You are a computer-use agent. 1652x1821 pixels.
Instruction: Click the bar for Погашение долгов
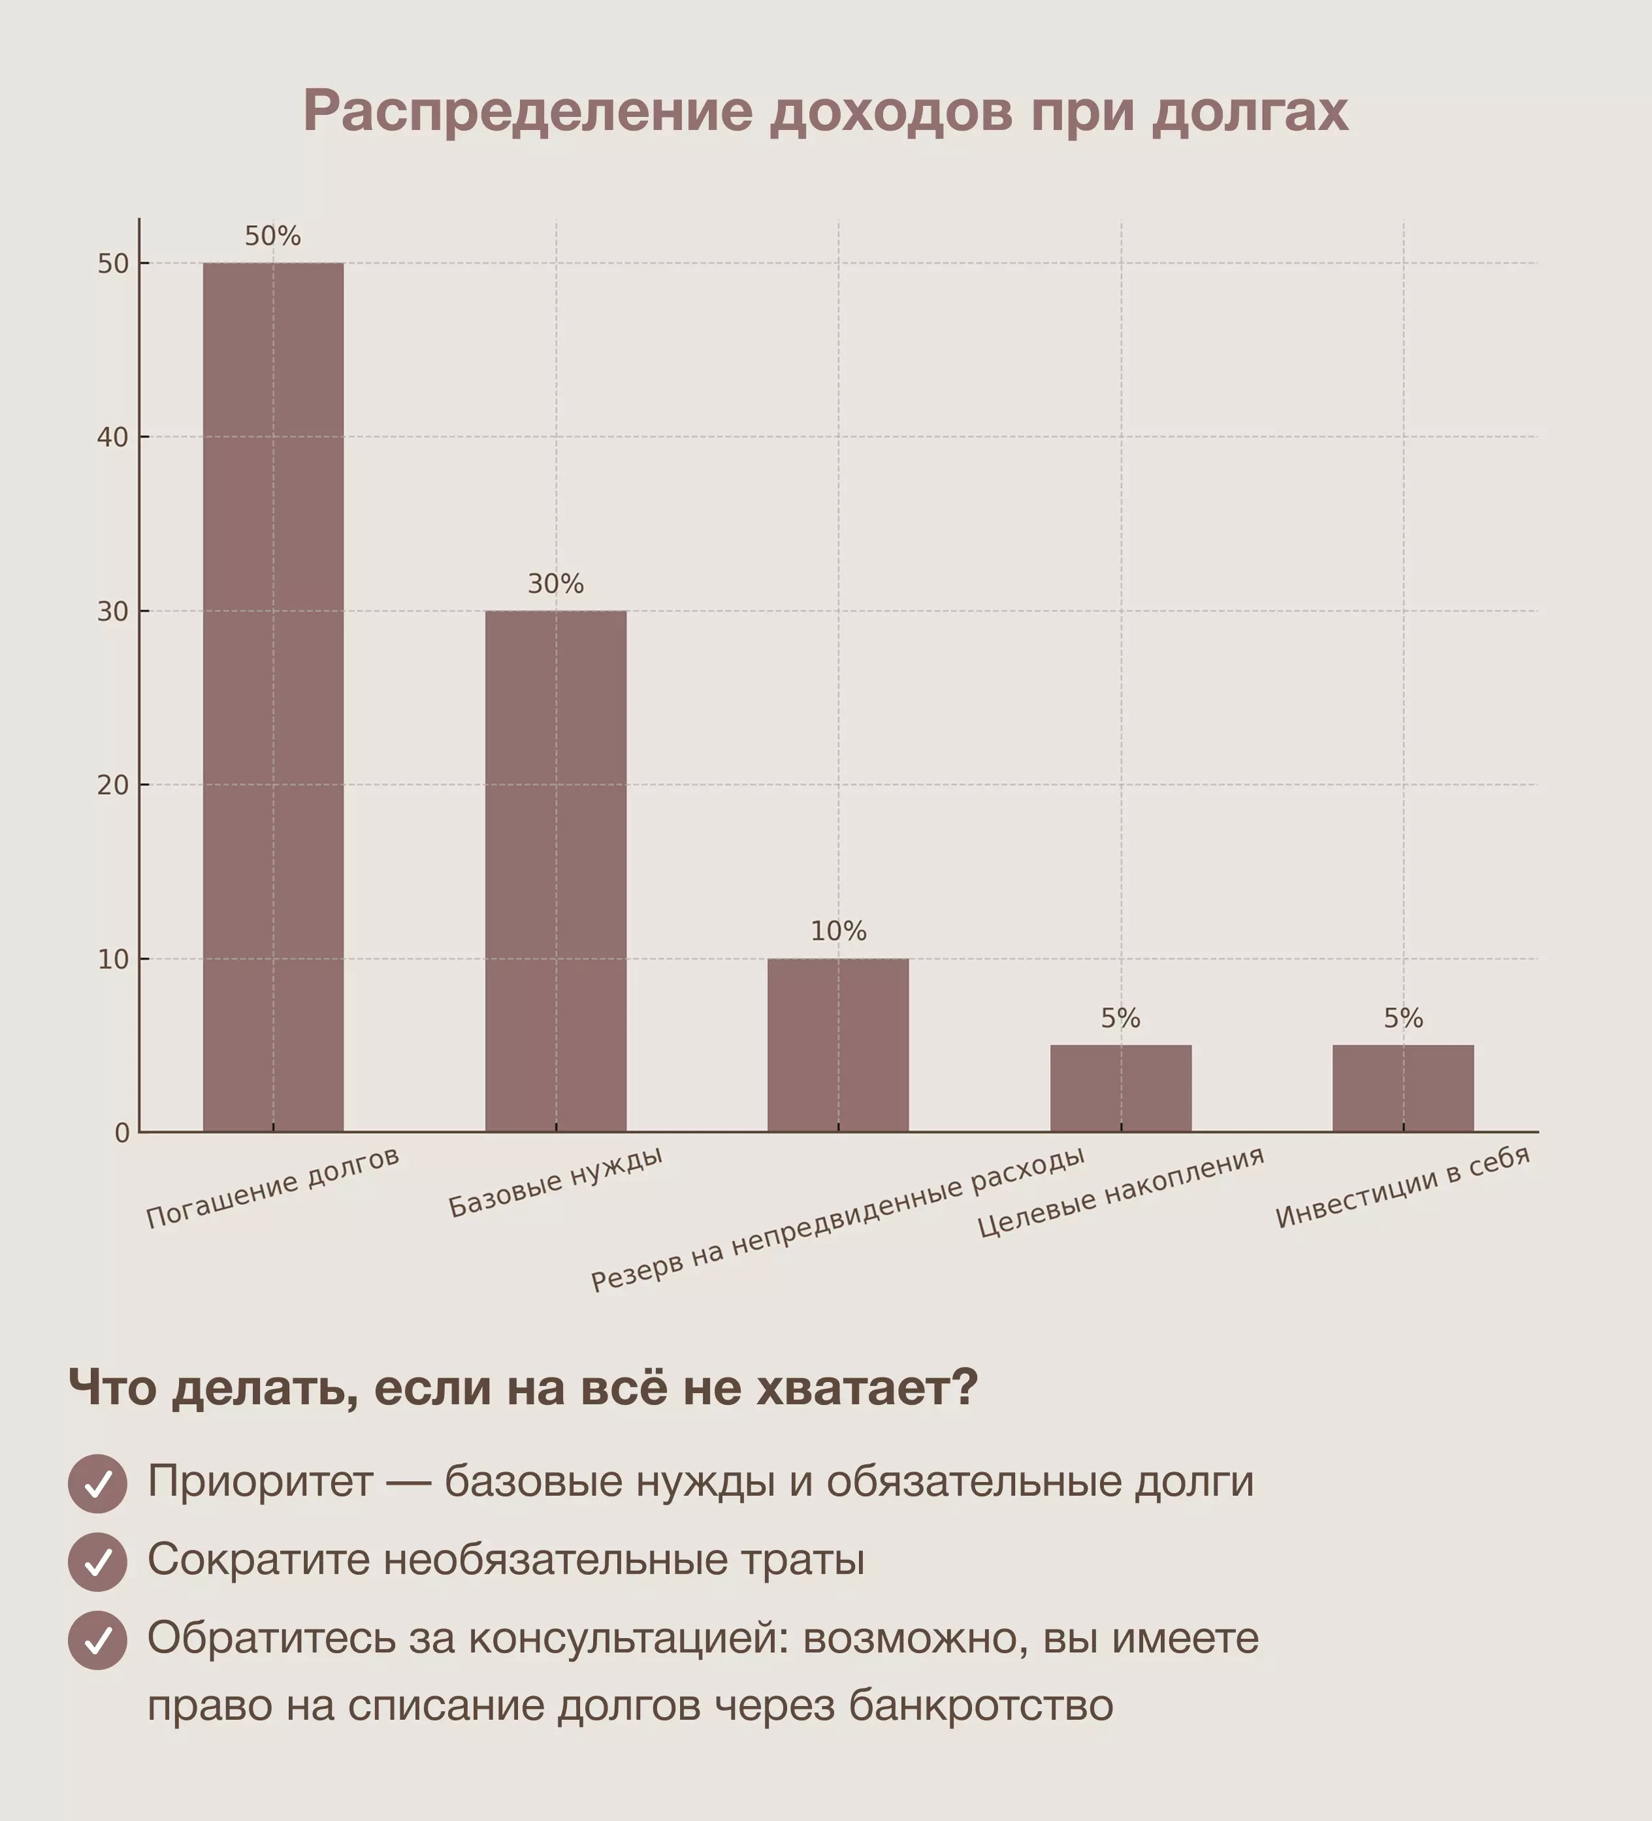click(x=273, y=696)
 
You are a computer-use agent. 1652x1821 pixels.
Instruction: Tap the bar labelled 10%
click(x=838, y=1044)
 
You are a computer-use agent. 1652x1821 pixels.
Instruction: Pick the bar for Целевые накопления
click(x=1121, y=1088)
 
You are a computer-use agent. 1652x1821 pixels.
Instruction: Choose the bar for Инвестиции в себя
click(x=1402, y=1088)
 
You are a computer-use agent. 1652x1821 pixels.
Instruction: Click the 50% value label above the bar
click(x=273, y=236)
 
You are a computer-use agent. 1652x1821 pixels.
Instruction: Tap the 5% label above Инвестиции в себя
click(x=1402, y=1019)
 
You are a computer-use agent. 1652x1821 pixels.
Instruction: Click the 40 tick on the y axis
click(x=113, y=437)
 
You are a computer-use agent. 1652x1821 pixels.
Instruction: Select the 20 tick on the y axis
click(x=113, y=785)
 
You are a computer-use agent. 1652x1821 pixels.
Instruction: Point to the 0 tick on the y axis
click(x=122, y=1133)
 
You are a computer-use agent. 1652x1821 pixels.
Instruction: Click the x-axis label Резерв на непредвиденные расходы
click(x=837, y=1219)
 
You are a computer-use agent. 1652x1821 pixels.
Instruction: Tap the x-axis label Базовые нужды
click(x=555, y=1182)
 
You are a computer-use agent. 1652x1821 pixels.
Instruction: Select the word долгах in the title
click(x=1250, y=112)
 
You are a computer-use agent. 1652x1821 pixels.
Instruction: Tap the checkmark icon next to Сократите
click(x=97, y=1561)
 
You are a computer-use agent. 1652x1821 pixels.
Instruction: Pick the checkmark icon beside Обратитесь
click(x=97, y=1639)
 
